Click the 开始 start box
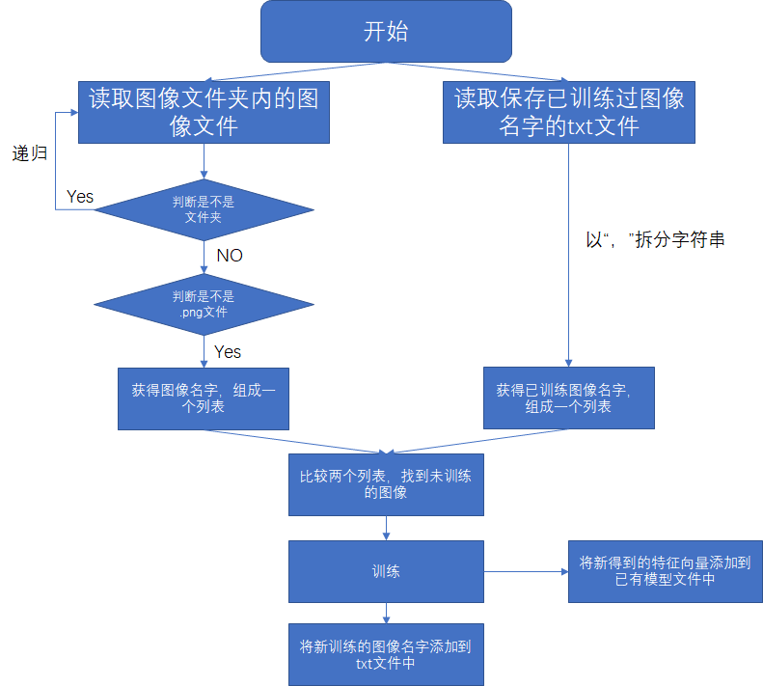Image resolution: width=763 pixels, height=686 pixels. (x=386, y=32)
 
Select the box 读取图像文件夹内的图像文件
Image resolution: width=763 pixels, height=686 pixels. (x=204, y=113)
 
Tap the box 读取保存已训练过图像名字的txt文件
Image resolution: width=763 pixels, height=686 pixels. (x=569, y=113)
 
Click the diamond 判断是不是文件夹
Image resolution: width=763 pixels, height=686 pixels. (x=204, y=209)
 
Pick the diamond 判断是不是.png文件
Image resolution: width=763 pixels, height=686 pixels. (x=204, y=304)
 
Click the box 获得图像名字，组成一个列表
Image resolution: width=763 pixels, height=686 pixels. (x=204, y=398)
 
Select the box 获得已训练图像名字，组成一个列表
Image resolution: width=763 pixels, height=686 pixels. (x=568, y=398)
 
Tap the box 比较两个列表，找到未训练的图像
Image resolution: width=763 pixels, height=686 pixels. (x=386, y=482)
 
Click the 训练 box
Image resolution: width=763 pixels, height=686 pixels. (x=386, y=571)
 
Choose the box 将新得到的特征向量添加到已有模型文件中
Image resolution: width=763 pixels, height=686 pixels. (x=665, y=571)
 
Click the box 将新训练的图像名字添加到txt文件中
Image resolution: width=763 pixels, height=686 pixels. (x=386, y=654)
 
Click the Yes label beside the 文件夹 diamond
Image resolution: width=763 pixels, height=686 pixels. (x=80, y=197)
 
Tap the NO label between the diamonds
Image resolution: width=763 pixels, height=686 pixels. (x=230, y=256)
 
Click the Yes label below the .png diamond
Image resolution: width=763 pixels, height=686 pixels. (x=228, y=351)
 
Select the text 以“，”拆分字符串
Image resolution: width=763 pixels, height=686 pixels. (x=655, y=240)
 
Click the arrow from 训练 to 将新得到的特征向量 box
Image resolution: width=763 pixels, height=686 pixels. (x=526, y=571)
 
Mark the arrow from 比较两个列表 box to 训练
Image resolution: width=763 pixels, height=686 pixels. (x=386, y=528)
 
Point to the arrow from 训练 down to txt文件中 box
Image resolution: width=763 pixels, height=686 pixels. (x=386, y=612)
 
